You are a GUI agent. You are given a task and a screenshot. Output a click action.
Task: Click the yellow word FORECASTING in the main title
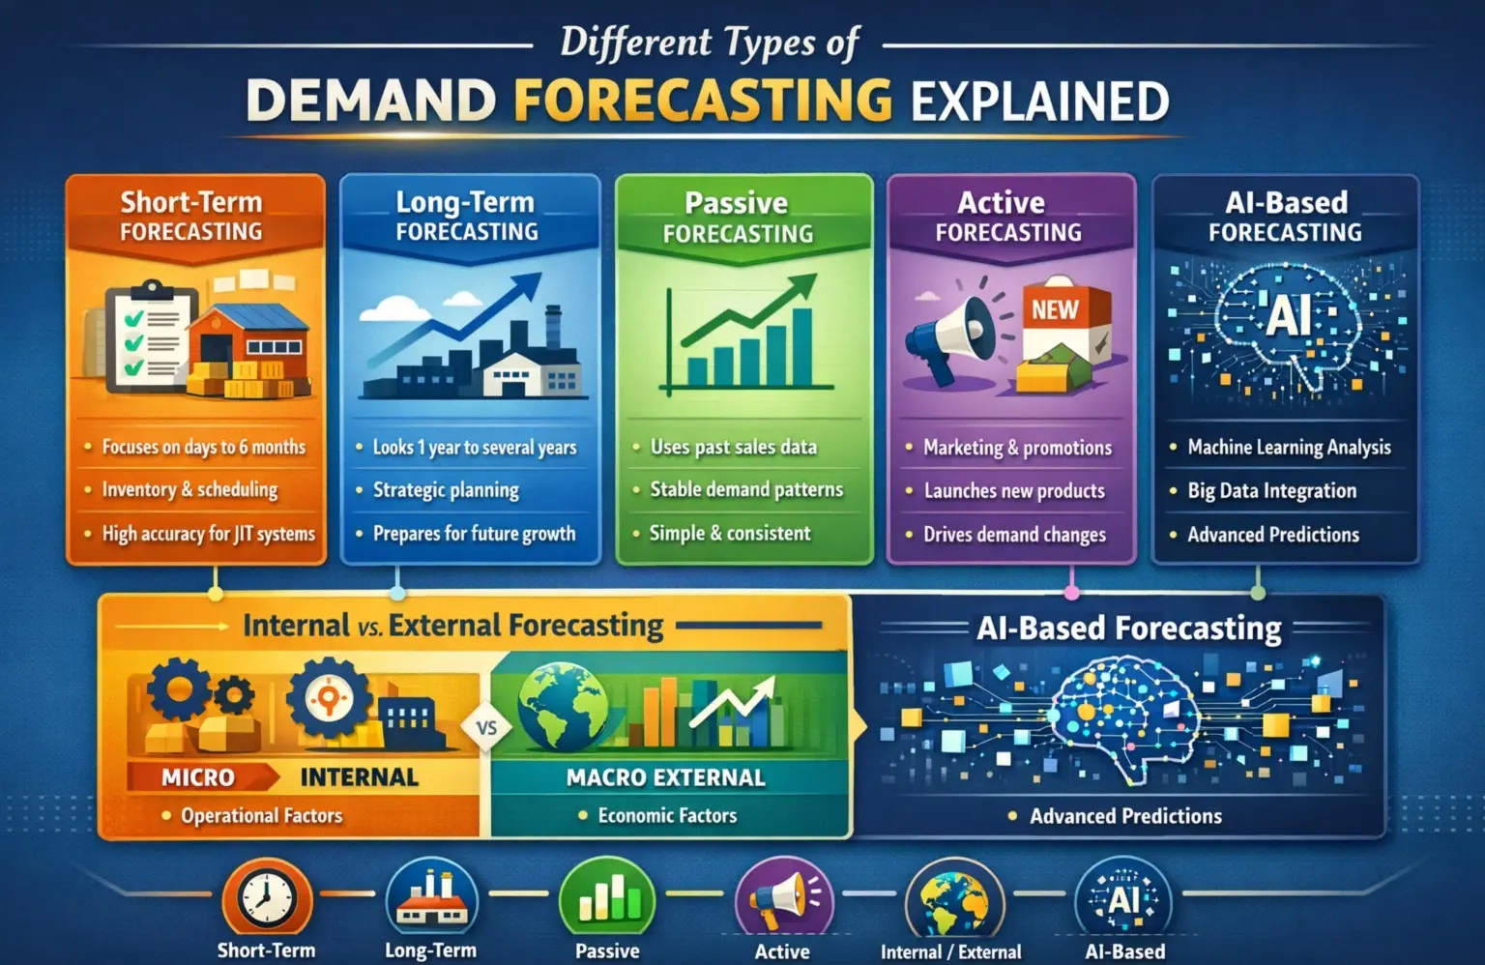[703, 101]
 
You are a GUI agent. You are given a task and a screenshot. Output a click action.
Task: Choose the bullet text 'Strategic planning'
[446, 490]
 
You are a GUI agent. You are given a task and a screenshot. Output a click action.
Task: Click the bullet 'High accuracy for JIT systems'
[208, 534]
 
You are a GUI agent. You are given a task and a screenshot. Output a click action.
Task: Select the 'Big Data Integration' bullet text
[1271, 491]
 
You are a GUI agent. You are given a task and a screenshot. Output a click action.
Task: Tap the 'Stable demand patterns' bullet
[746, 489]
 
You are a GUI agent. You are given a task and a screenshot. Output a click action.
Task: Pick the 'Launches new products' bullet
[1014, 491]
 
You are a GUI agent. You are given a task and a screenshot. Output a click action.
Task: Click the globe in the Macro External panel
[563, 706]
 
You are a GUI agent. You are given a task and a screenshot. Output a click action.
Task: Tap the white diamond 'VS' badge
[486, 727]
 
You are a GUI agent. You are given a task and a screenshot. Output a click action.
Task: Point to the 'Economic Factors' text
[667, 815]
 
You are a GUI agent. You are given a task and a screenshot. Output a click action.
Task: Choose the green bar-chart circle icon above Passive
[607, 898]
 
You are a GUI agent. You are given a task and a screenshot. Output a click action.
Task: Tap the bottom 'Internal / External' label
[950, 951]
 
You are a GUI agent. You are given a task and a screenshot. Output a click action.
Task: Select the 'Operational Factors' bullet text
[262, 815]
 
